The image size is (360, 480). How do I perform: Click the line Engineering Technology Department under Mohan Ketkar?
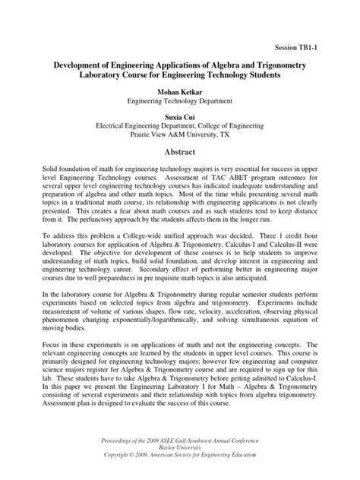[180, 100]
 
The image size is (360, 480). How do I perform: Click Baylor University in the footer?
[180, 450]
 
